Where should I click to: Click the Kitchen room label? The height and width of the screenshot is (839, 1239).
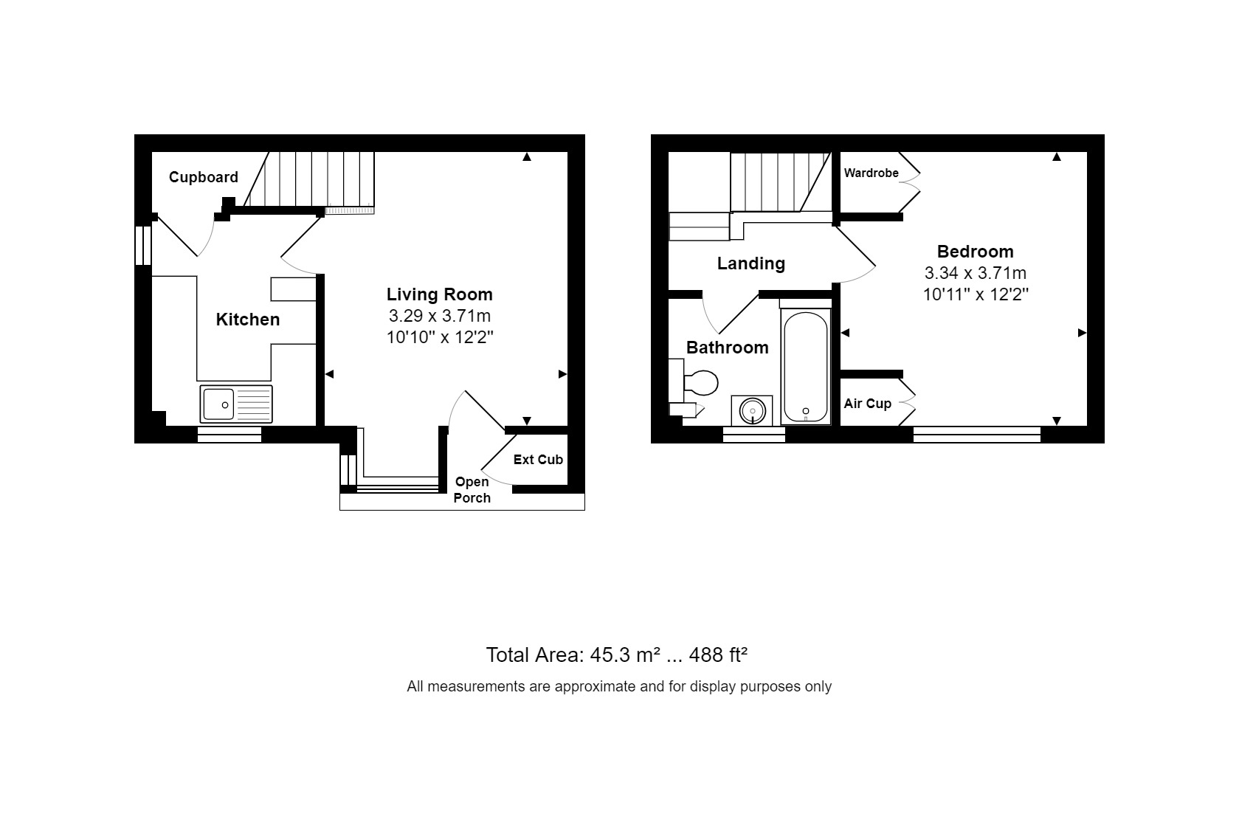pyautogui.click(x=247, y=320)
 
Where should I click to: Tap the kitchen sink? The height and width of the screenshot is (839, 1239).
pyautogui.click(x=235, y=404)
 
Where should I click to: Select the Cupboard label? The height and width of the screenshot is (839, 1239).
pyautogui.click(x=203, y=177)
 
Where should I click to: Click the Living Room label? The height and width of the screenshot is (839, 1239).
pyautogui.click(x=439, y=294)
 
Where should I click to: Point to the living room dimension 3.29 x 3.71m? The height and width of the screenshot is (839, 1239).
pyautogui.click(x=439, y=317)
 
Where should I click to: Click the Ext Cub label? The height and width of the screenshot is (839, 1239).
pyautogui.click(x=538, y=460)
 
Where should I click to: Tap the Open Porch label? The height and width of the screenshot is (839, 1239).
pyautogui.click(x=472, y=490)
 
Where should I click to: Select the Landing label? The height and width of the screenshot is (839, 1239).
pyautogui.click(x=750, y=263)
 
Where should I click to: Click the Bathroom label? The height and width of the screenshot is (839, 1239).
pyautogui.click(x=727, y=348)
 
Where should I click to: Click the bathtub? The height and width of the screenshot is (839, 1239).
pyautogui.click(x=805, y=367)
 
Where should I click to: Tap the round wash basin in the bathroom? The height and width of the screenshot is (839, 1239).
pyautogui.click(x=752, y=410)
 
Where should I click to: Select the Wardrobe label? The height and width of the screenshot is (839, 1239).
pyautogui.click(x=871, y=173)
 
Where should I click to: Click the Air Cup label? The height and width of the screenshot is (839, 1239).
pyautogui.click(x=867, y=404)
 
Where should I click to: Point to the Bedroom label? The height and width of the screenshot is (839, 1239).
pyautogui.click(x=975, y=252)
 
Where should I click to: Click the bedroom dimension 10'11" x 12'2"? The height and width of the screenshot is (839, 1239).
pyautogui.click(x=975, y=294)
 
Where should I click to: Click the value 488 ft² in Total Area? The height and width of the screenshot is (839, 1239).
pyautogui.click(x=718, y=655)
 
